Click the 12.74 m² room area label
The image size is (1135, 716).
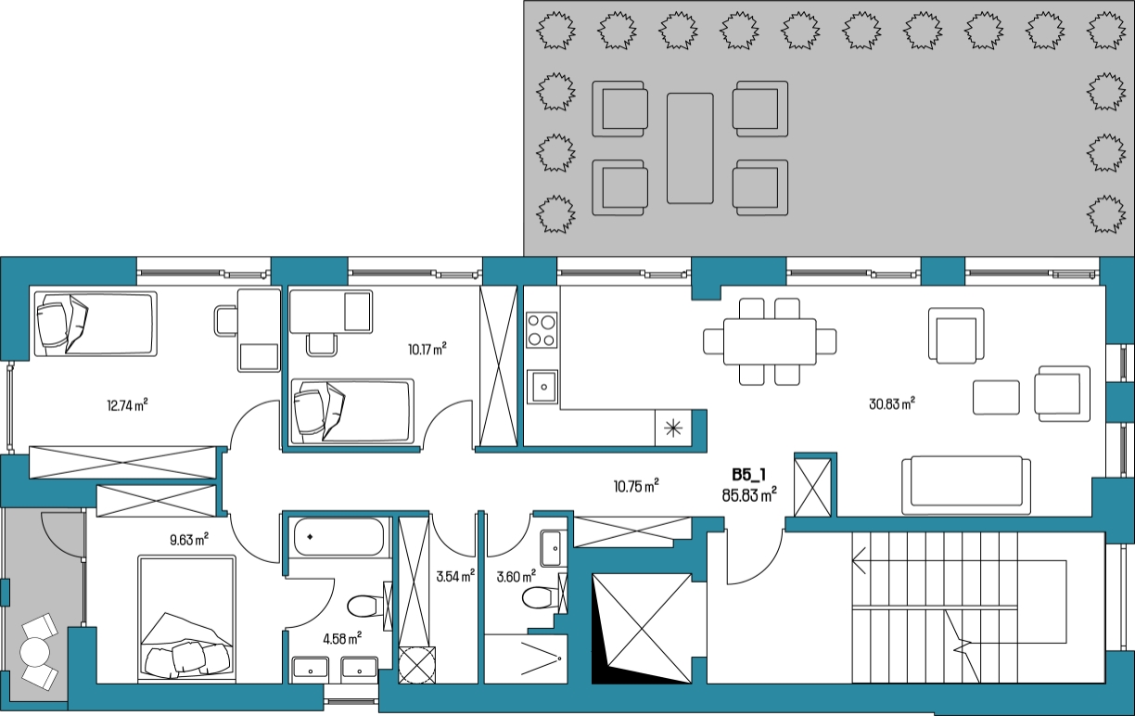pyautogui.click(x=127, y=405)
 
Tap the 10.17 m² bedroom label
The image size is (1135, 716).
pyautogui.click(x=427, y=349)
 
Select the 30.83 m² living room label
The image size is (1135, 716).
pyautogui.click(x=892, y=403)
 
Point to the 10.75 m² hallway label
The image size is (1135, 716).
pyautogui.click(x=636, y=486)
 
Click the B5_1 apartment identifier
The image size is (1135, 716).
pyautogui.click(x=749, y=475)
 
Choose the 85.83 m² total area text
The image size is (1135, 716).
pyautogui.click(x=749, y=494)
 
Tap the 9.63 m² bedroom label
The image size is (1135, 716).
pyautogui.click(x=189, y=540)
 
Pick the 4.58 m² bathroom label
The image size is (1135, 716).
pyautogui.click(x=342, y=638)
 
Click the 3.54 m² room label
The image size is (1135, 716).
pyautogui.click(x=455, y=576)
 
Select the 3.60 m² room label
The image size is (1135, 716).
pyautogui.click(x=516, y=577)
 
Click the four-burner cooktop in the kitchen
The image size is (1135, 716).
pyautogui.click(x=542, y=330)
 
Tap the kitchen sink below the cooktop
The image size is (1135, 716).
pyautogui.click(x=542, y=387)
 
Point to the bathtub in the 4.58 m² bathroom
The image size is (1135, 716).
pyautogui.click(x=339, y=537)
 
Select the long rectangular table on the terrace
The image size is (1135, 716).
pyautogui.click(x=690, y=148)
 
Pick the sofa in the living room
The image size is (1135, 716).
pyautogui.click(x=966, y=485)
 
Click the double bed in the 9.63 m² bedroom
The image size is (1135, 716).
pyautogui.click(x=187, y=618)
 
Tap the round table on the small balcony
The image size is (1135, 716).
pyautogui.click(x=34, y=652)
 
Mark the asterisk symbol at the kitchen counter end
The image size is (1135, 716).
pyautogui.click(x=673, y=428)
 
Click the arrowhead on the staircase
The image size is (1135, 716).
pyautogui.click(x=859, y=561)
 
